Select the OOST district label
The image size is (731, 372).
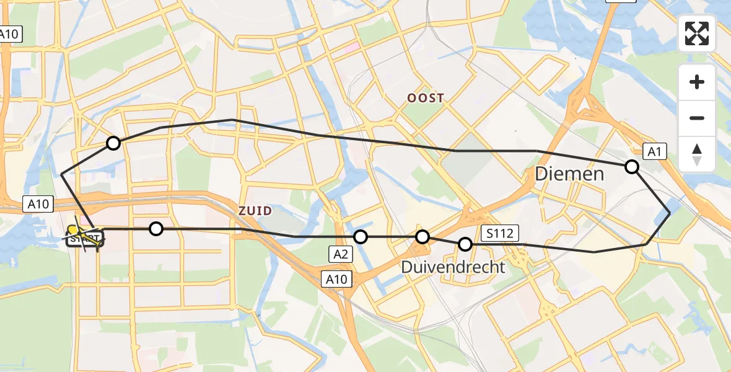426,98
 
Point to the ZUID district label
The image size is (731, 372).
255,211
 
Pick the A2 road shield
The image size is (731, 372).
340,253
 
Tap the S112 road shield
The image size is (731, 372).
499,233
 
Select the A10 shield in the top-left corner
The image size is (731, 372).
11,34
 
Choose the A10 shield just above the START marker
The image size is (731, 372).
40,203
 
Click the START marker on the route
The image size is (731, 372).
85,237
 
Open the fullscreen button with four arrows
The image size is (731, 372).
697,33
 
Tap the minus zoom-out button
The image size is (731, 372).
697,118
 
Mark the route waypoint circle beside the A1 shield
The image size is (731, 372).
632,166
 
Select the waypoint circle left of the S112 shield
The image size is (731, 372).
465,244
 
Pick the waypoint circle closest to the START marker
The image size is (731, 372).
156,229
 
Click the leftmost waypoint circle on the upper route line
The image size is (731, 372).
113,143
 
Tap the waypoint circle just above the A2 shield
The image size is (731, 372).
361,237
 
